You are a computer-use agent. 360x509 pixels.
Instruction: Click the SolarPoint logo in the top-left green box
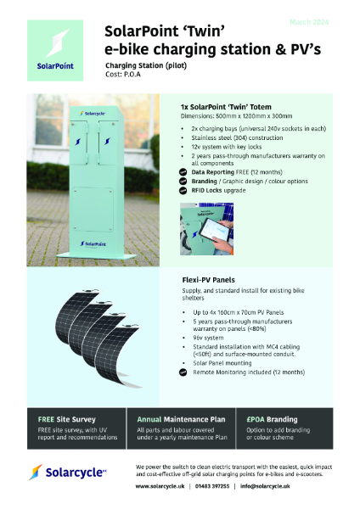pyautogui.click(x=57, y=50)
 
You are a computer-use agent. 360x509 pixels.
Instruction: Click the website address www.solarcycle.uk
pyautogui.click(x=162, y=486)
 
